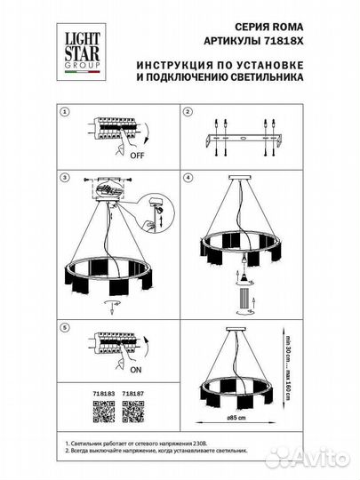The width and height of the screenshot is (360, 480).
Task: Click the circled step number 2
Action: click(x=188, y=113)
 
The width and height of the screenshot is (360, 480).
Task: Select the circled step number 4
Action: click(x=188, y=178)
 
